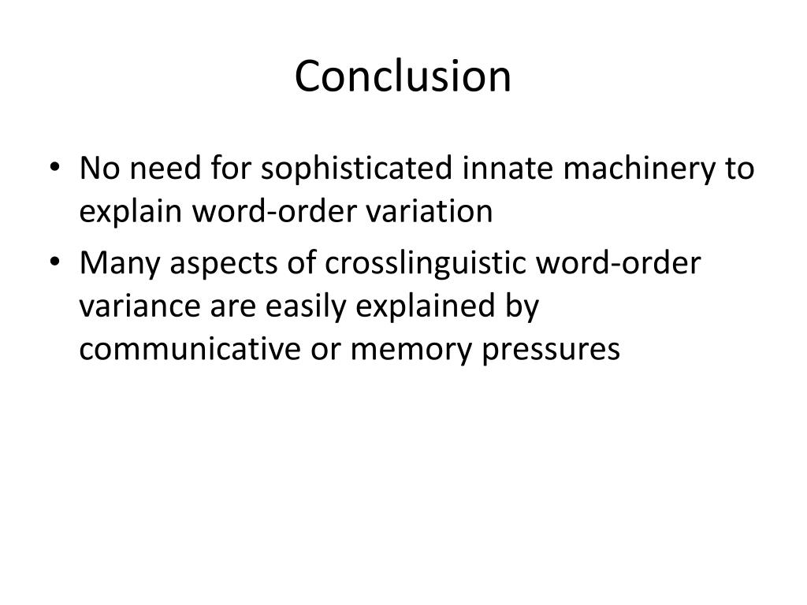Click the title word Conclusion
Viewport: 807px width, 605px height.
(x=403, y=76)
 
